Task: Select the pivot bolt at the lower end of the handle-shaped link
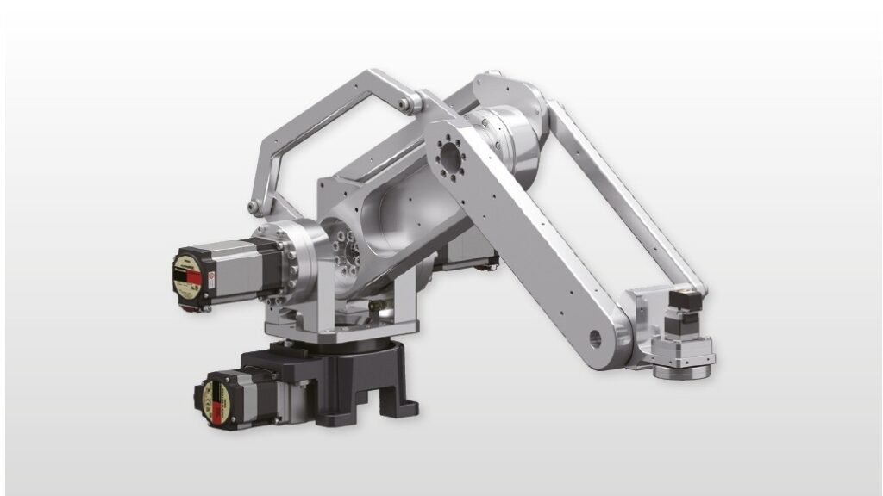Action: (x=254, y=207)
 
